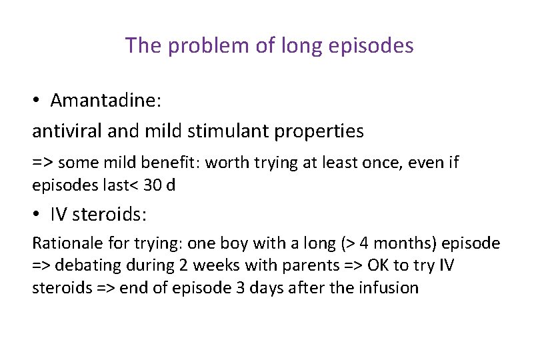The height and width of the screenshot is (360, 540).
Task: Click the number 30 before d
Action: (153, 185)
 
